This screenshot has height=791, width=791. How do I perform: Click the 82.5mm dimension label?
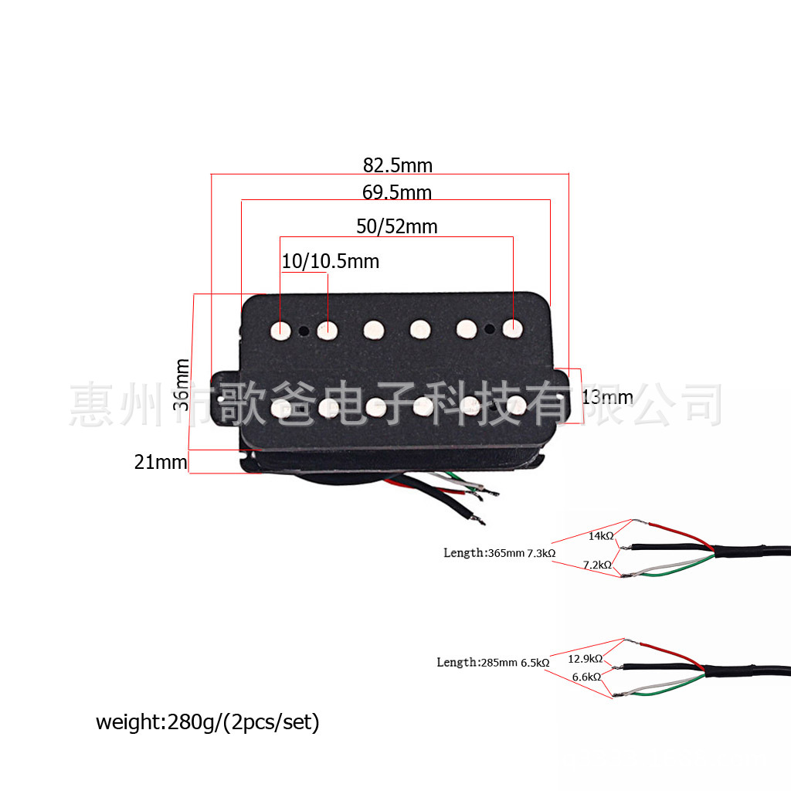pos(398,165)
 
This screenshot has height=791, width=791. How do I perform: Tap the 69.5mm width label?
pos(397,192)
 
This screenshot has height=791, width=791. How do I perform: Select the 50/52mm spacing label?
pos(396,226)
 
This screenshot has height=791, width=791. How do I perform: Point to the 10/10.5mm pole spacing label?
pos(330,262)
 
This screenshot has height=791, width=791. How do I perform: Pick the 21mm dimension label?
pos(161,462)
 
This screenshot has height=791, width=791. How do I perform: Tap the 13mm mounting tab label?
pos(606,398)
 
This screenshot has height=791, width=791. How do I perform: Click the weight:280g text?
pos(207,722)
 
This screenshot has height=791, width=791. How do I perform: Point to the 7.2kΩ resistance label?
pos(597,565)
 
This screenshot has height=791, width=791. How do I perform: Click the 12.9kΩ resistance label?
pos(585,659)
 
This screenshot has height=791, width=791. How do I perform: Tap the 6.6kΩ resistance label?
pos(586,677)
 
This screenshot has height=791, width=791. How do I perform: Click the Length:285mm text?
pos(477,663)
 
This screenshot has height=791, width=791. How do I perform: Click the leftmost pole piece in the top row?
pos(280,330)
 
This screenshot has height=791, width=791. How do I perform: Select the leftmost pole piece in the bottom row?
pos(282,407)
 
